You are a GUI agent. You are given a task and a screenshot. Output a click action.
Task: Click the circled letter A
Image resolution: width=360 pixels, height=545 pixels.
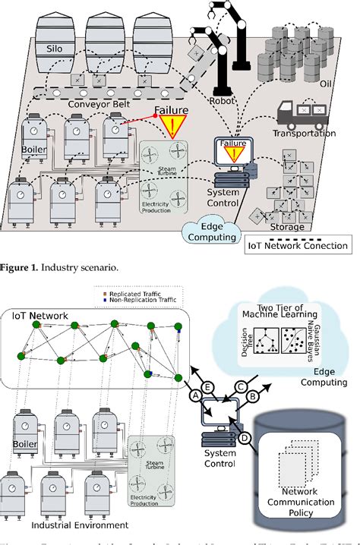coord(194,395)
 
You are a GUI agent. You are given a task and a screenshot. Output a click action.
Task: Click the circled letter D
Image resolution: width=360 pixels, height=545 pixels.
coord(244,438)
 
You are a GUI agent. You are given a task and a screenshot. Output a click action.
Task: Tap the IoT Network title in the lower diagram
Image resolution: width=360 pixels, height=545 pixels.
coord(39,314)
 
